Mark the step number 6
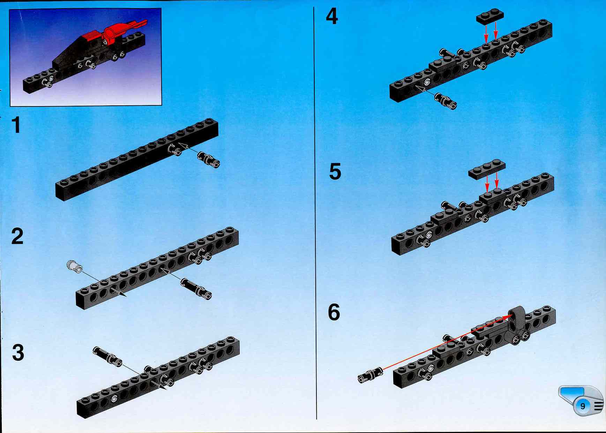pos(334,312)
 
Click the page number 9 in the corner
pos(583,406)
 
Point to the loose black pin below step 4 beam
pos(445,101)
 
